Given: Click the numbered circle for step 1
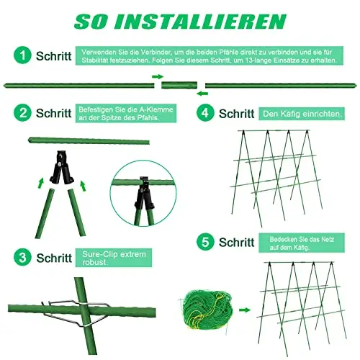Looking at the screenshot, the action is (22, 55).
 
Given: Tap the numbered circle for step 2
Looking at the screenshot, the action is (22, 112).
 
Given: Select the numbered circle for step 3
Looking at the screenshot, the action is (22, 257).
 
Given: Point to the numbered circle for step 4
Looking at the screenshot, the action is (205, 112).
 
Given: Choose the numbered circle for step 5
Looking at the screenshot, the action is (205, 242).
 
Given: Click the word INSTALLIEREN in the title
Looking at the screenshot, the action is (199, 22).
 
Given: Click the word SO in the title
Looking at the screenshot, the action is (91, 22).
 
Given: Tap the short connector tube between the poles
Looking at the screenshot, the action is (179, 85).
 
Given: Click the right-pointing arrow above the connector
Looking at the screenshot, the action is (158, 76).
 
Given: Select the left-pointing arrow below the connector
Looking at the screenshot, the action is (202, 94).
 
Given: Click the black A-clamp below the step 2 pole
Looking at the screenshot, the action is (61, 168).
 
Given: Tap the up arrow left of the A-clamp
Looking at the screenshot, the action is (41, 183).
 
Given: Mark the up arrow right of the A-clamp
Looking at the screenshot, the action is (83, 186).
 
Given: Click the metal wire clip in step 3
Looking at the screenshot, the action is (77, 312).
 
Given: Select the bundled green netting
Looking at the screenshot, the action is (207, 310).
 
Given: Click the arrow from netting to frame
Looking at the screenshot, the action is (245, 310).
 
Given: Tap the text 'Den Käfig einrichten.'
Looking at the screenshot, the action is (302, 114).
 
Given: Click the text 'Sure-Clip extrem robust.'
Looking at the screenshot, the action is (114, 258).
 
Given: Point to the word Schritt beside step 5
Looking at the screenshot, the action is (236, 242).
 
